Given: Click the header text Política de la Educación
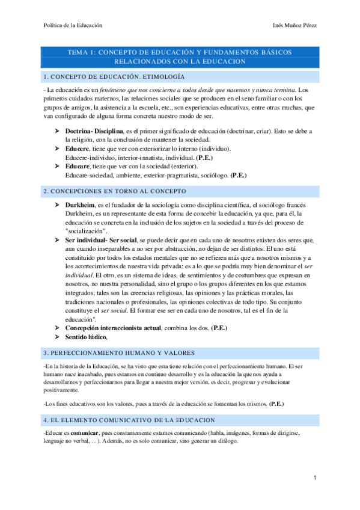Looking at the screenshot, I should tap(73, 25).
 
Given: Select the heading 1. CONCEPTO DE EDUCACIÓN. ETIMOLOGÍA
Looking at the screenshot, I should tap(114, 76).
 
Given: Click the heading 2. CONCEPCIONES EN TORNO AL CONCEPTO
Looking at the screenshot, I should tap(115, 191).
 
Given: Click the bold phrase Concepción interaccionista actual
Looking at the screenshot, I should tap(115, 328).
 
